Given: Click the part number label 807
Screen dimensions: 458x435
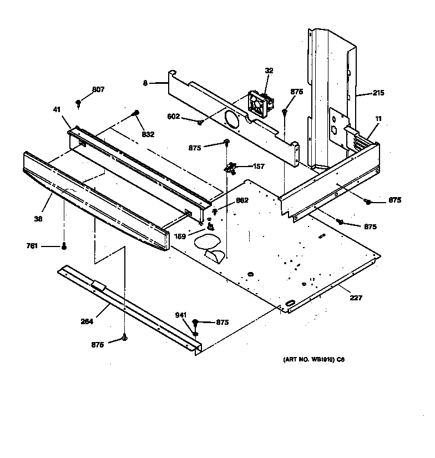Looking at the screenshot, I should (98, 90).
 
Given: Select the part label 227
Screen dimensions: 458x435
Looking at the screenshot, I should (356, 298).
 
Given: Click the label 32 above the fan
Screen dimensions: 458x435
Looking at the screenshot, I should (269, 71).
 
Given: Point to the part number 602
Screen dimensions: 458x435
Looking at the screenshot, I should (174, 116).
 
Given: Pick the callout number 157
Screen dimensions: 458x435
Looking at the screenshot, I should (259, 166).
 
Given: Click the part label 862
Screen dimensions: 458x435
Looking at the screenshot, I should (242, 200).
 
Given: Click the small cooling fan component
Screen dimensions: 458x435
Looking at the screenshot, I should (259, 104).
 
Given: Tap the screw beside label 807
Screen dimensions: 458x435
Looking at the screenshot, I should (79, 102).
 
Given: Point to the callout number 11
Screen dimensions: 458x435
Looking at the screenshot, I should (378, 119).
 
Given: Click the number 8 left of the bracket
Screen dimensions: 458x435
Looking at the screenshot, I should (145, 83).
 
